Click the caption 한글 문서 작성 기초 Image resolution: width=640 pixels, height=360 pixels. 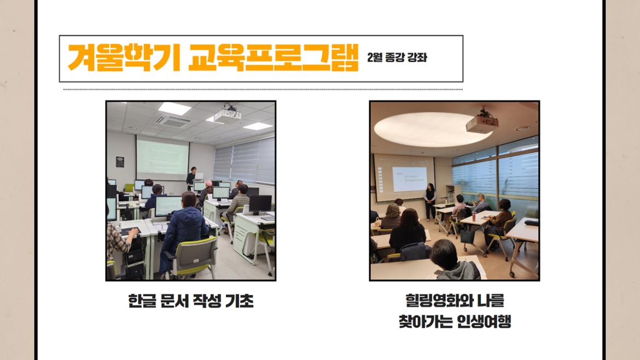190,301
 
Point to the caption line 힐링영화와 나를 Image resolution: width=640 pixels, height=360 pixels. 455,301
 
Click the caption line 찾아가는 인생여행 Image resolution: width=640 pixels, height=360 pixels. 455,322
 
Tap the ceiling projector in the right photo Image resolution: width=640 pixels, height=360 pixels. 482,123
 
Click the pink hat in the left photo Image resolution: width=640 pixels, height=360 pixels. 208,183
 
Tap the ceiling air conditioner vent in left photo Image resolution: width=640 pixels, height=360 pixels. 171,120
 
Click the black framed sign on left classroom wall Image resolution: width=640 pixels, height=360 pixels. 119,162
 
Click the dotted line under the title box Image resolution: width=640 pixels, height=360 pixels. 263,89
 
